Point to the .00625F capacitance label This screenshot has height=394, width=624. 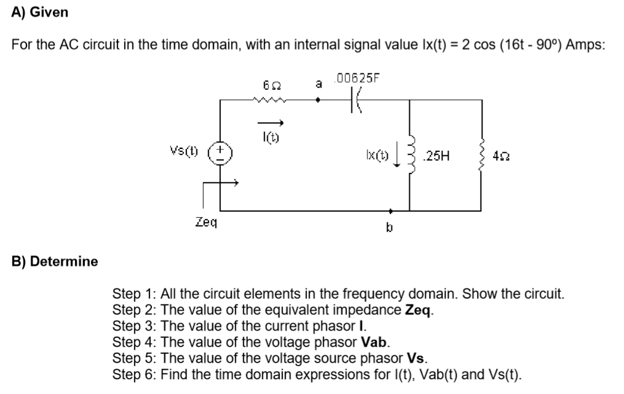[356, 78]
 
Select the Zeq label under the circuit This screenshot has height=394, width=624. [204, 222]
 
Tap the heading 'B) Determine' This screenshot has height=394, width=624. [55, 261]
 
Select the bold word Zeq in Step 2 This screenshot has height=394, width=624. [420, 310]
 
